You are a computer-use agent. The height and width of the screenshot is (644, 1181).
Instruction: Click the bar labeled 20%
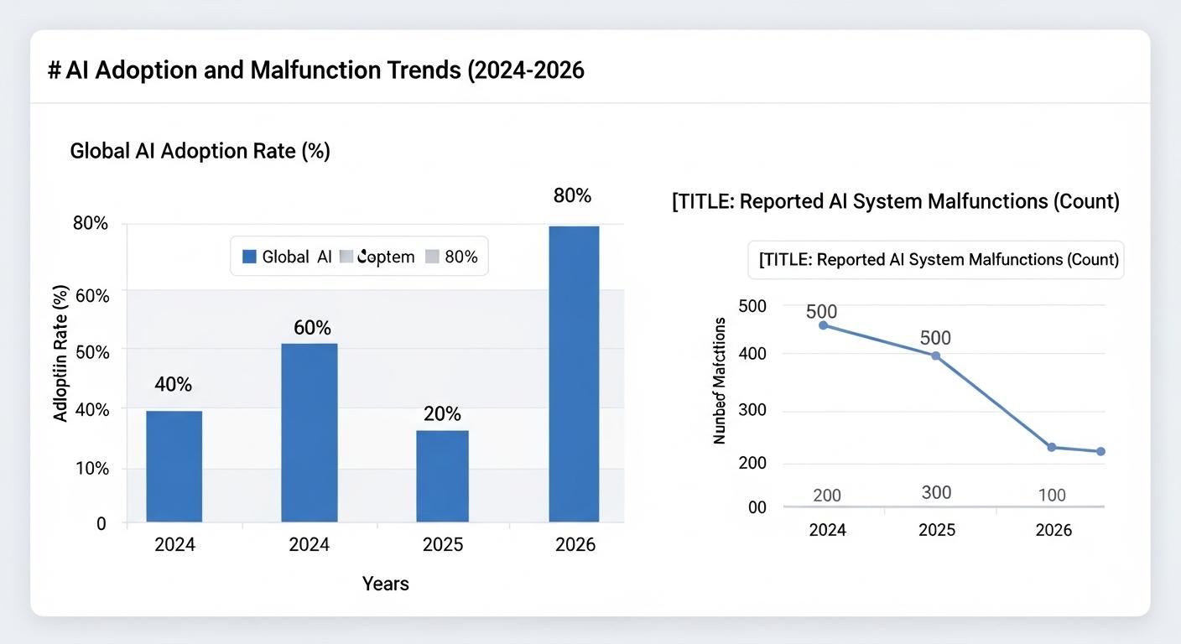tap(442, 475)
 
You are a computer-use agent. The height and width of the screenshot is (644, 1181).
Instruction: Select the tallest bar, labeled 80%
tap(574, 374)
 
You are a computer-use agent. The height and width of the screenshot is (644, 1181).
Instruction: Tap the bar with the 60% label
tap(309, 433)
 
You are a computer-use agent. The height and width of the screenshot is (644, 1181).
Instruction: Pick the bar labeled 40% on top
tap(174, 466)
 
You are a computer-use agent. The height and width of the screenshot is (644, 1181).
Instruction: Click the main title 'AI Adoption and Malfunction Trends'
tap(315, 70)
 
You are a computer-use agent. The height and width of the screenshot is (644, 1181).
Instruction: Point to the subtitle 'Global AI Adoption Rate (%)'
tap(200, 151)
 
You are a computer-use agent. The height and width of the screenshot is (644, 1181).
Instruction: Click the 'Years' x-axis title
tap(385, 584)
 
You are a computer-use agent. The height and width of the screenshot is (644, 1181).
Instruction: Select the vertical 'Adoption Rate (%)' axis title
tap(60, 353)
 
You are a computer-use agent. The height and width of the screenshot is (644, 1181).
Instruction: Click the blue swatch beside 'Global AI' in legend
tap(249, 257)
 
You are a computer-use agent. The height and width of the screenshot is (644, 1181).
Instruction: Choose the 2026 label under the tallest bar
tap(575, 545)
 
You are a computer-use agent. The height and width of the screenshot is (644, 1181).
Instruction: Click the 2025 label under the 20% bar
tap(442, 545)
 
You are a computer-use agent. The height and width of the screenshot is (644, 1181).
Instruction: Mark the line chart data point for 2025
tap(936, 356)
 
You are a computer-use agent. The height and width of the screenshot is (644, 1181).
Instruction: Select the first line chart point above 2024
tap(823, 325)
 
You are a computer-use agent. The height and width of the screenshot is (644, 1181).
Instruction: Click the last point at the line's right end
tap(1100, 451)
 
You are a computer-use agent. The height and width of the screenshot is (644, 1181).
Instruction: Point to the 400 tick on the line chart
tap(752, 354)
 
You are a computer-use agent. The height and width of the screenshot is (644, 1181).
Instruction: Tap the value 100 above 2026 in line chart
tap(1051, 495)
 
